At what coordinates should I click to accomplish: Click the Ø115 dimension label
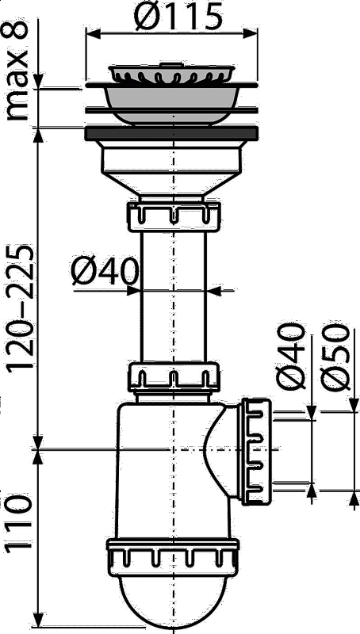pos(178,16)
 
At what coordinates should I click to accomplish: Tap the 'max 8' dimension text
pos(17,71)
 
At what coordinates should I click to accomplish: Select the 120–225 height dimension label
pos(19,307)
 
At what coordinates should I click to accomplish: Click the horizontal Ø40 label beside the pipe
pos(105,272)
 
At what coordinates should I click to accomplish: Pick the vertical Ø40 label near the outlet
pos(289,357)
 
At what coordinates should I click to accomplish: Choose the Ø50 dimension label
pos(335,357)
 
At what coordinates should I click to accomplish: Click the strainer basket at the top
pos(171,74)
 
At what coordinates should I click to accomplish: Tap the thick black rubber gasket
pos(171,133)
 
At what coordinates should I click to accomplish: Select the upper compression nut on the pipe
pos(174,216)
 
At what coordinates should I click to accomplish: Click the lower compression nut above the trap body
pos(174,378)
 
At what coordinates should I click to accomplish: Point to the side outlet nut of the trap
pos(255,451)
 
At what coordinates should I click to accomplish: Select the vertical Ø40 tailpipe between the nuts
pos(174,298)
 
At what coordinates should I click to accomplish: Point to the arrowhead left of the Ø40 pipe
pos(133,290)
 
